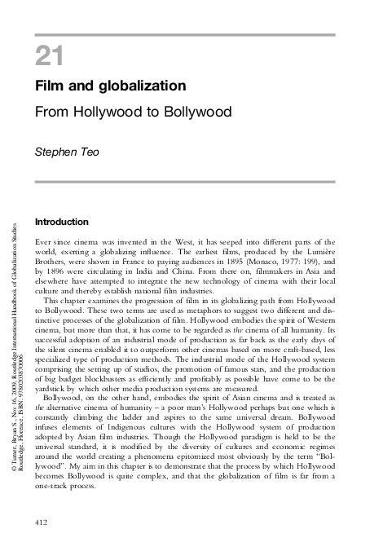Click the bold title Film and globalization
[110, 85]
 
